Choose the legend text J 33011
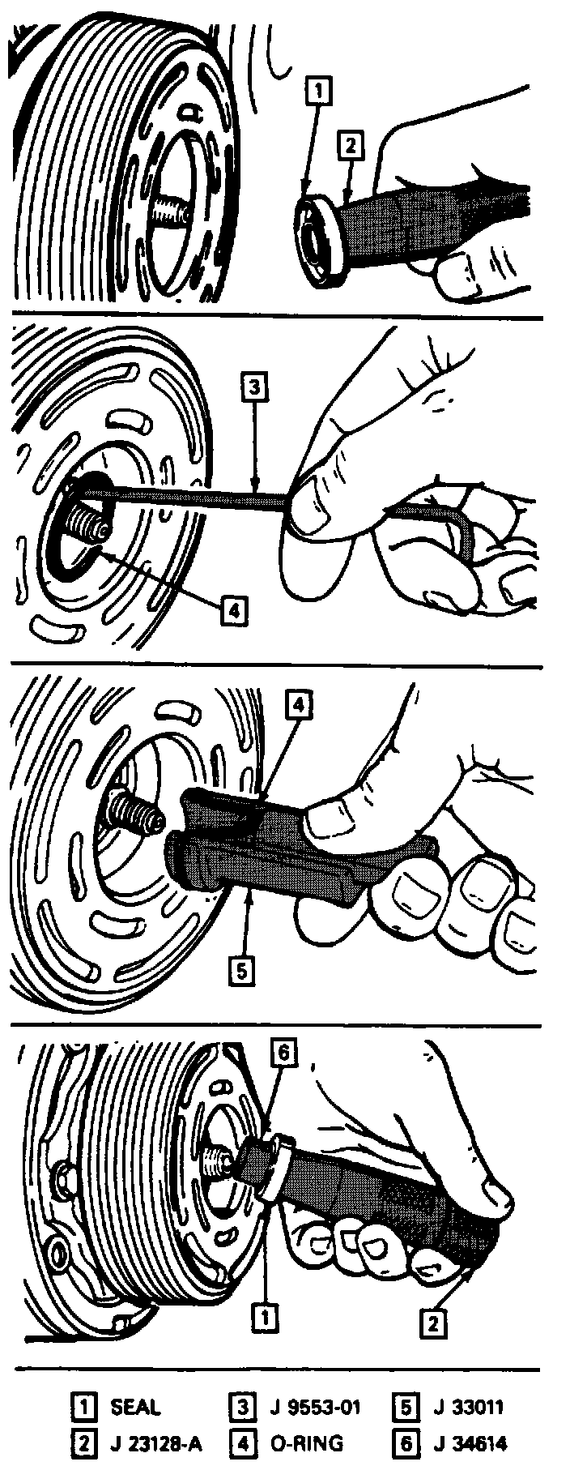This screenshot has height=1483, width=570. pyautogui.click(x=464, y=1407)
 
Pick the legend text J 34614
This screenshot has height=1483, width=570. pyautogui.click(x=466, y=1443)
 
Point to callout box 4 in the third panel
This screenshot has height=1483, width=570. pyautogui.click(x=298, y=706)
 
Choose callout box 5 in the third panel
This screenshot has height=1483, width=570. pyautogui.click(x=241, y=970)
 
